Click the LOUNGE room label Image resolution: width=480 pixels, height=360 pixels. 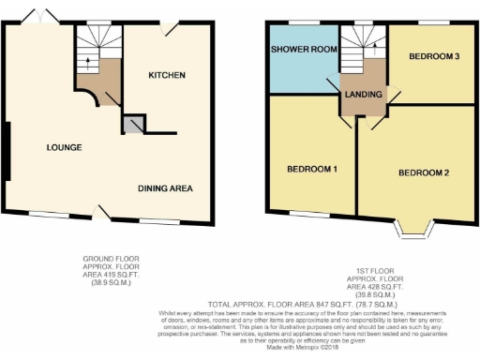(63, 147)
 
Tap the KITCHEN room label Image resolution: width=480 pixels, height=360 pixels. (166, 75)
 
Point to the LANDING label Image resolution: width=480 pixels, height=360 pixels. (363, 95)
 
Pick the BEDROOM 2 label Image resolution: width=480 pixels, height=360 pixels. (424, 173)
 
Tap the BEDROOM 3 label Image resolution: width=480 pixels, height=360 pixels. (433, 56)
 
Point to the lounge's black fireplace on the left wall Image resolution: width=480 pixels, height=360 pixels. (7, 151)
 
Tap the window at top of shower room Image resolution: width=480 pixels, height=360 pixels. (299, 21)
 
